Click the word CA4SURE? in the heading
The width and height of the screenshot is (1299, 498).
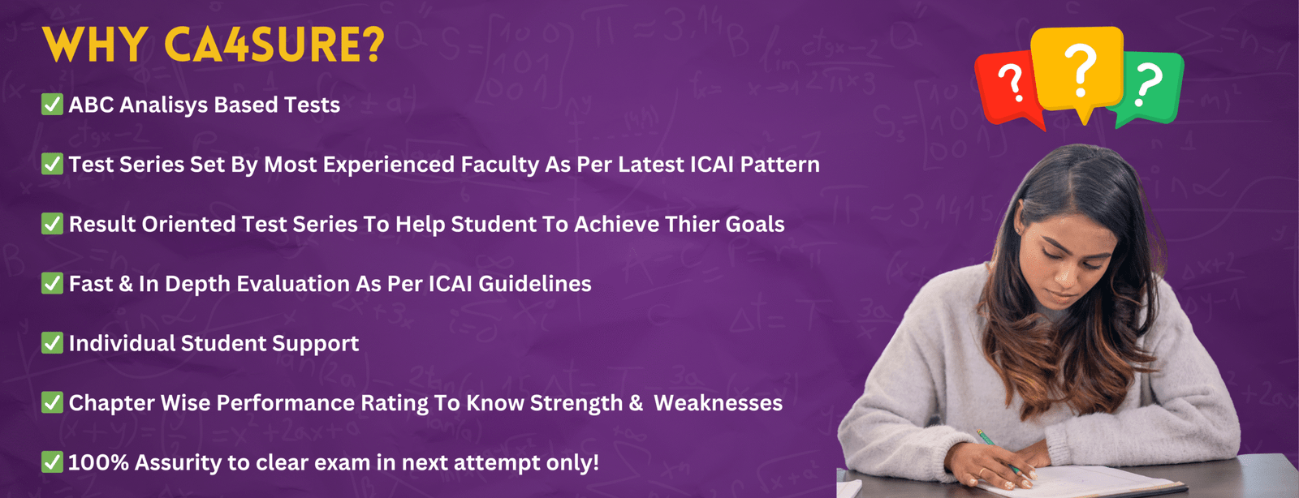click(274, 44)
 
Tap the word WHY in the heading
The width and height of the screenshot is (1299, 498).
click(94, 44)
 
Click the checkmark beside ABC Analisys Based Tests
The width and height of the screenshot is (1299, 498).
click(52, 105)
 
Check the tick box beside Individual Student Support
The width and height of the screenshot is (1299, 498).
click(52, 343)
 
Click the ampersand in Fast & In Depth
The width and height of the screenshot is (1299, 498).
click(126, 285)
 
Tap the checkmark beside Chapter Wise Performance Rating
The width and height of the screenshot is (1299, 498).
click(52, 402)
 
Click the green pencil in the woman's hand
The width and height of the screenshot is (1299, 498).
click(999, 453)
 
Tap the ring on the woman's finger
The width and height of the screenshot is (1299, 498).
click(982, 472)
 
